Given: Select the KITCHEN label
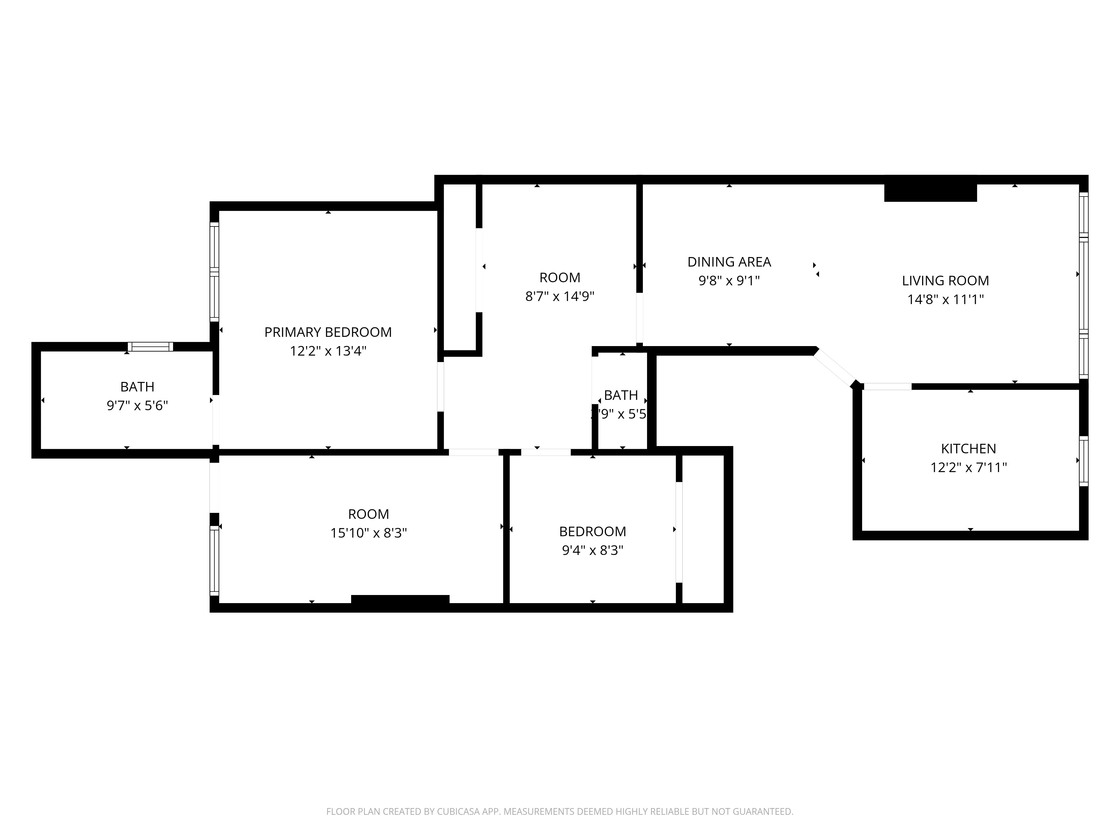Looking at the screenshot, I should click(968, 449).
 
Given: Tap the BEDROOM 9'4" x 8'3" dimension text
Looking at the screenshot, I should click(592, 550).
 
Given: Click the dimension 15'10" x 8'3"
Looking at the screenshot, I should click(368, 533).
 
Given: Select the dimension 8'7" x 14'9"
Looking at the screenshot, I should click(559, 296).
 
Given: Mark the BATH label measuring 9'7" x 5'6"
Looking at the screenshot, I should click(137, 387).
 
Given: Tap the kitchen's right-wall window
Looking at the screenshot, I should click(1083, 461).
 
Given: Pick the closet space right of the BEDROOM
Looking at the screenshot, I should click(703, 529).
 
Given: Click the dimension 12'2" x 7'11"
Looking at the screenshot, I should click(968, 467).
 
